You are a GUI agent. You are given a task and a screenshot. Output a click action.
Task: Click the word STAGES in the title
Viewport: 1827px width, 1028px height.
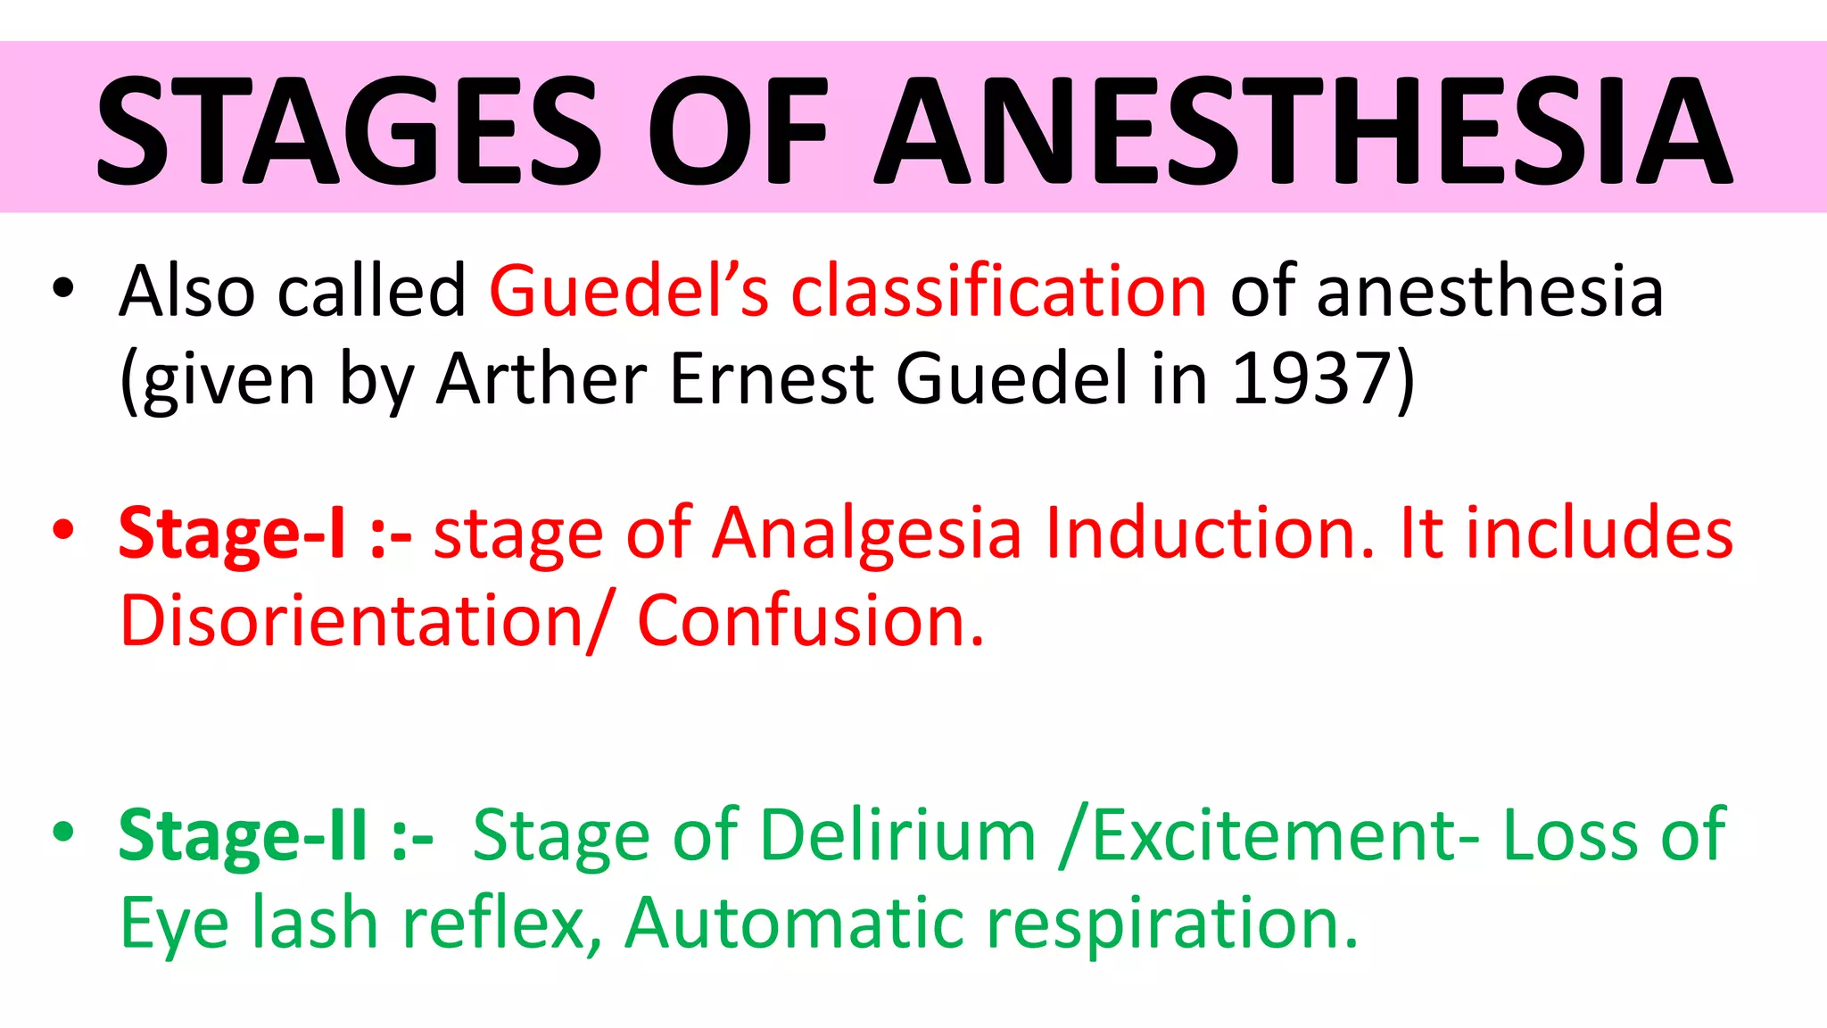[x=350, y=129]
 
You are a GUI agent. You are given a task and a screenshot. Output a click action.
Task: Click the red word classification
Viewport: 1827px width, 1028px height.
[x=999, y=291]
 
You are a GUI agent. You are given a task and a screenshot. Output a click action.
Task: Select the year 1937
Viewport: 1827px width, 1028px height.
[x=1311, y=378]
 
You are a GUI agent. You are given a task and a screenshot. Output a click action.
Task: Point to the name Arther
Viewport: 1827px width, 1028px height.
[x=541, y=378]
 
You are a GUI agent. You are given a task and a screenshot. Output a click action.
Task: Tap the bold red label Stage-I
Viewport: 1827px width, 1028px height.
[x=232, y=534]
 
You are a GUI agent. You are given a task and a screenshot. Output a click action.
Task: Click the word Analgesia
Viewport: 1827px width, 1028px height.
[x=866, y=534]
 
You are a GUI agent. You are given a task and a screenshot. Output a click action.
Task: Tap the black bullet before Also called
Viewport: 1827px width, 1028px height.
[x=62, y=288]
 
